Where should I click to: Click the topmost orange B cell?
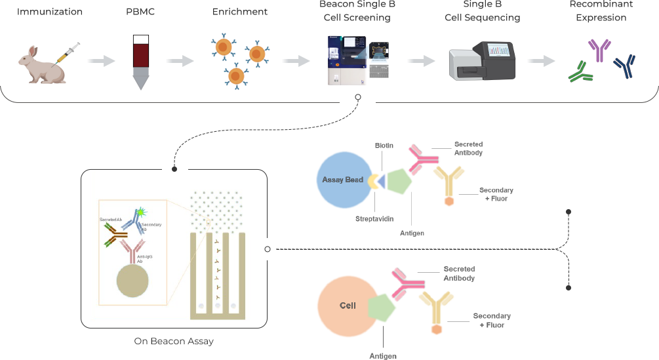click(224, 47)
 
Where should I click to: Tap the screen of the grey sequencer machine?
click(497, 50)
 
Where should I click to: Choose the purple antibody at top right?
click(599, 49)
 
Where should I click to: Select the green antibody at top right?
click(580, 72)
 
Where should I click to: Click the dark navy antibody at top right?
click(624, 66)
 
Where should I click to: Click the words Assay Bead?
click(342, 180)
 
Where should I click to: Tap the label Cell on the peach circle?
click(348, 306)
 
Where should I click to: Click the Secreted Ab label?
click(111, 219)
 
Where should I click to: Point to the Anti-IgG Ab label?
click(144, 257)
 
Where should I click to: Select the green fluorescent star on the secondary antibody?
click(142, 210)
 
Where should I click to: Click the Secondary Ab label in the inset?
click(151, 227)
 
